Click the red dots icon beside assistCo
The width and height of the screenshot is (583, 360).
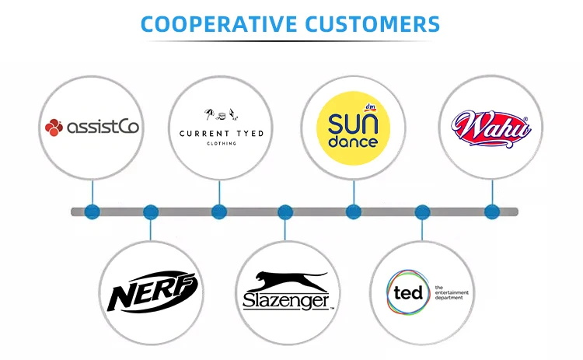coord(54,126)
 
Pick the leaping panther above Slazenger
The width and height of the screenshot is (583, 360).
coord(285,281)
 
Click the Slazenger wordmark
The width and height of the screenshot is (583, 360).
coord(286,302)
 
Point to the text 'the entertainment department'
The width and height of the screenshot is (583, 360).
coord(451,292)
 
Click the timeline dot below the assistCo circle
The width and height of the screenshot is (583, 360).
coord(93,211)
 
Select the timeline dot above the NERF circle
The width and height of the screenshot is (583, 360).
coord(151,211)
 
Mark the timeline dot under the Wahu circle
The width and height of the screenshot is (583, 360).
coord(491,211)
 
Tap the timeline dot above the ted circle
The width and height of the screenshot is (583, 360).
coord(422,211)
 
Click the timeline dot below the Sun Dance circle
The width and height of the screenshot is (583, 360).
coord(354,211)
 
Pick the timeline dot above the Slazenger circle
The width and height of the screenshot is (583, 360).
coord(285,211)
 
